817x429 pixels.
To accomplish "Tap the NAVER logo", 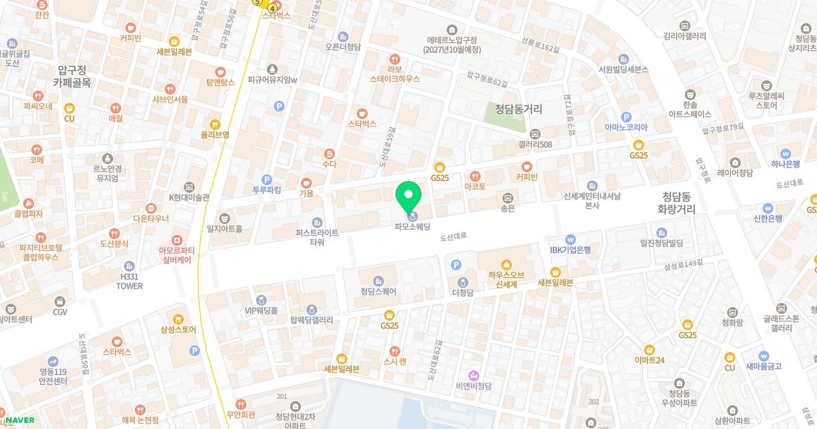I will [20, 420].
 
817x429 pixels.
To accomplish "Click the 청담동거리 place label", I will [518, 108].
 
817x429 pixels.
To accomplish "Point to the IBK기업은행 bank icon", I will [571, 239].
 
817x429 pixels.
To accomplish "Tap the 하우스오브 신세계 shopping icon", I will [506, 264].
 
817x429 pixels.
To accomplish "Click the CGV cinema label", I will [60, 312].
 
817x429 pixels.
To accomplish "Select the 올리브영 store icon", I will [215, 124].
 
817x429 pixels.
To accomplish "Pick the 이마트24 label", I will [649, 360].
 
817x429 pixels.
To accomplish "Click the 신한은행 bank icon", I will [768, 208].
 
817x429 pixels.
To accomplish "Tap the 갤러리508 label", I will [535, 144].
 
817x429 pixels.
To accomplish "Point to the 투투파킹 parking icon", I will [267, 178].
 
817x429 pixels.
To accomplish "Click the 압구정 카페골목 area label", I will [71, 76].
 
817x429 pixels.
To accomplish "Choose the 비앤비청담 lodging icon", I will [474, 375].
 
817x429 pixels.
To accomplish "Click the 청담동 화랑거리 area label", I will [676, 202].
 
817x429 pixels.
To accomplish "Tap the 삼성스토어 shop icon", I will [178, 319].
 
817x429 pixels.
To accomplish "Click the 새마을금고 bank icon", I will [763, 355].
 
